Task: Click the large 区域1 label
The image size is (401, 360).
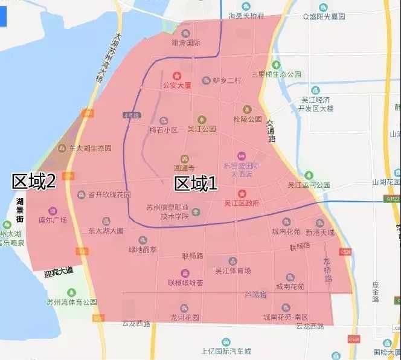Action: click(x=196, y=184)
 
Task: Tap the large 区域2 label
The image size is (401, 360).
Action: click(x=34, y=181)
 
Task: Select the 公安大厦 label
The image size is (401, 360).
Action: click(x=177, y=86)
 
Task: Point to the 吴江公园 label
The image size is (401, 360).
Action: click(x=202, y=129)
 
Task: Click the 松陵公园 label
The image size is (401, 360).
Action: click(x=247, y=119)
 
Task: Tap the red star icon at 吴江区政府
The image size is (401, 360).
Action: click(x=242, y=193)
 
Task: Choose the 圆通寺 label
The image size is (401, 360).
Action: click(x=184, y=167)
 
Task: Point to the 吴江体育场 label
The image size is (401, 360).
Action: click(x=233, y=271)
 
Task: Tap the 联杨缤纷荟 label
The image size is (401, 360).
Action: click(x=185, y=283)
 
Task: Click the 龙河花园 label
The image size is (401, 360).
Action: click(x=185, y=318)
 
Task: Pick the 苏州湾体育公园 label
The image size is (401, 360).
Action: click(x=72, y=301)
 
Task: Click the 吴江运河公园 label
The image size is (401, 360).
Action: click(x=309, y=184)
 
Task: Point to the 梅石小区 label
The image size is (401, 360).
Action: click(x=164, y=130)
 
